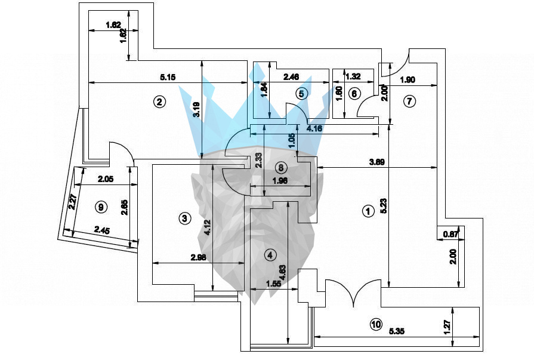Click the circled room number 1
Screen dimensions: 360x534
pyautogui.click(x=368, y=211)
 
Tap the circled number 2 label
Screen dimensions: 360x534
pyautogui.click(x=159, y=101)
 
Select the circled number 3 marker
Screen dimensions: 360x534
pyautogui.click(x=185, y=219)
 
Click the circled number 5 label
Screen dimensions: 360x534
pyautogui.click(x=301, y=93)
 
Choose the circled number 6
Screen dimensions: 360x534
pyautogui.click(x=354, y=93)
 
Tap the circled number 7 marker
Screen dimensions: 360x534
pyautogui.click(x=409, y=101)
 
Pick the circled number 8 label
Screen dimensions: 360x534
pyautogui.click(x=281, y=167)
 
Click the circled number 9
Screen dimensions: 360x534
pyautogui.click(x=101, y=207)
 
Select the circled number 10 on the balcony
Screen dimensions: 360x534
pyautogui.click(x=375, y=325)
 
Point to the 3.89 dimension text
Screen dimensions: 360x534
pyautogui.click(x=376, y=162)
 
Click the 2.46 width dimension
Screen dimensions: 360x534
pyautogui.click(x=291, y=77)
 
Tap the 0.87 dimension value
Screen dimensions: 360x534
pyautogui.click(x=451, y=235)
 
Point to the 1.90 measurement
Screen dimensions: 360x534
pyautogui.click(x=408, y=80)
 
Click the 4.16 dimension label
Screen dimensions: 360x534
pyautogui.click(x=316, y=128)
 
